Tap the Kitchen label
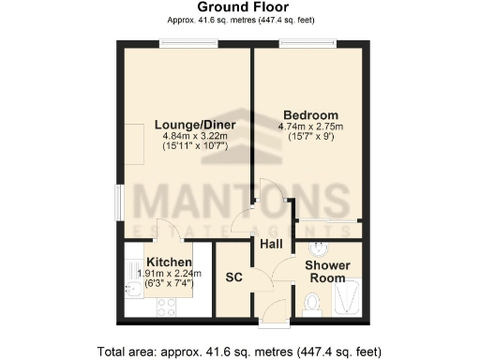point(170,262)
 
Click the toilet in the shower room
point(313,302)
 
